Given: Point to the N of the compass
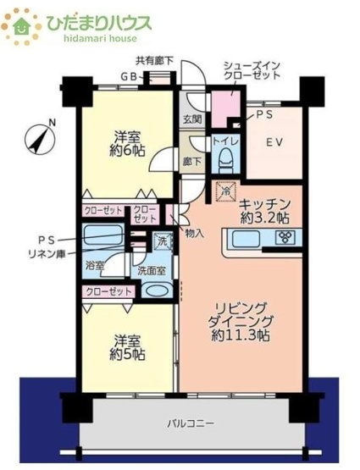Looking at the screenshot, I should (52, 122).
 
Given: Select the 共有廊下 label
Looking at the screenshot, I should (154, 60).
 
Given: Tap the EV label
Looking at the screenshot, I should (274, 143).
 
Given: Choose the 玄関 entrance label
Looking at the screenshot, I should (191, 120).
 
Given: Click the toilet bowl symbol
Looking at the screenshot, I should (225, 158).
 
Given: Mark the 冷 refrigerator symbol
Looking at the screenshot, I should (225, 191).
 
